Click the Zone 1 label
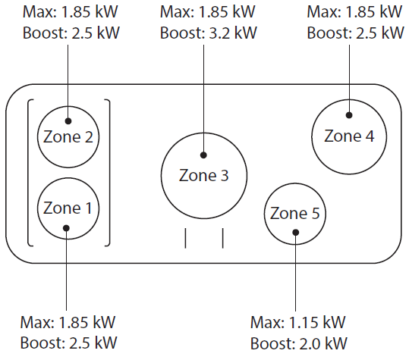click(x=68, y=208)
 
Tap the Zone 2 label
click(x=68, y=136)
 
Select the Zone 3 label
click(x=203, y=175)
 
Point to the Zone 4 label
click(x=349, y=136)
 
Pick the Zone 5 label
click(x=294, y=213)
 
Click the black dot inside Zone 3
click(x=203, y=155)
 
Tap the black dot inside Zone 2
click(x=68, y=121)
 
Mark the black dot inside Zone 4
click(x=349, y=115)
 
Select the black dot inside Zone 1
click(x=66, y=228)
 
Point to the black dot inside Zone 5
click(x=295, y=232)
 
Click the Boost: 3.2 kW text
click(x=209, y=33)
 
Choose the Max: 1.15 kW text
click(x=298, y=322)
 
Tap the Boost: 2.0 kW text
click(x=299, y=343)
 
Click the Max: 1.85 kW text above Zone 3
click(x=208, y=11)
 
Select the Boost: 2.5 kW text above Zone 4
click(x=355, y=33)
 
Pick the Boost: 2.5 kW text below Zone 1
click(x=68, y=343)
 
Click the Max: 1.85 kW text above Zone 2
click(x=71, y=11)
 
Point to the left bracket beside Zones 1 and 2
click(x=28, y=173)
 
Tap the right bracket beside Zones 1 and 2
click(x=109, y=173)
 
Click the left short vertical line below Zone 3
click(x=185, y=238)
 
